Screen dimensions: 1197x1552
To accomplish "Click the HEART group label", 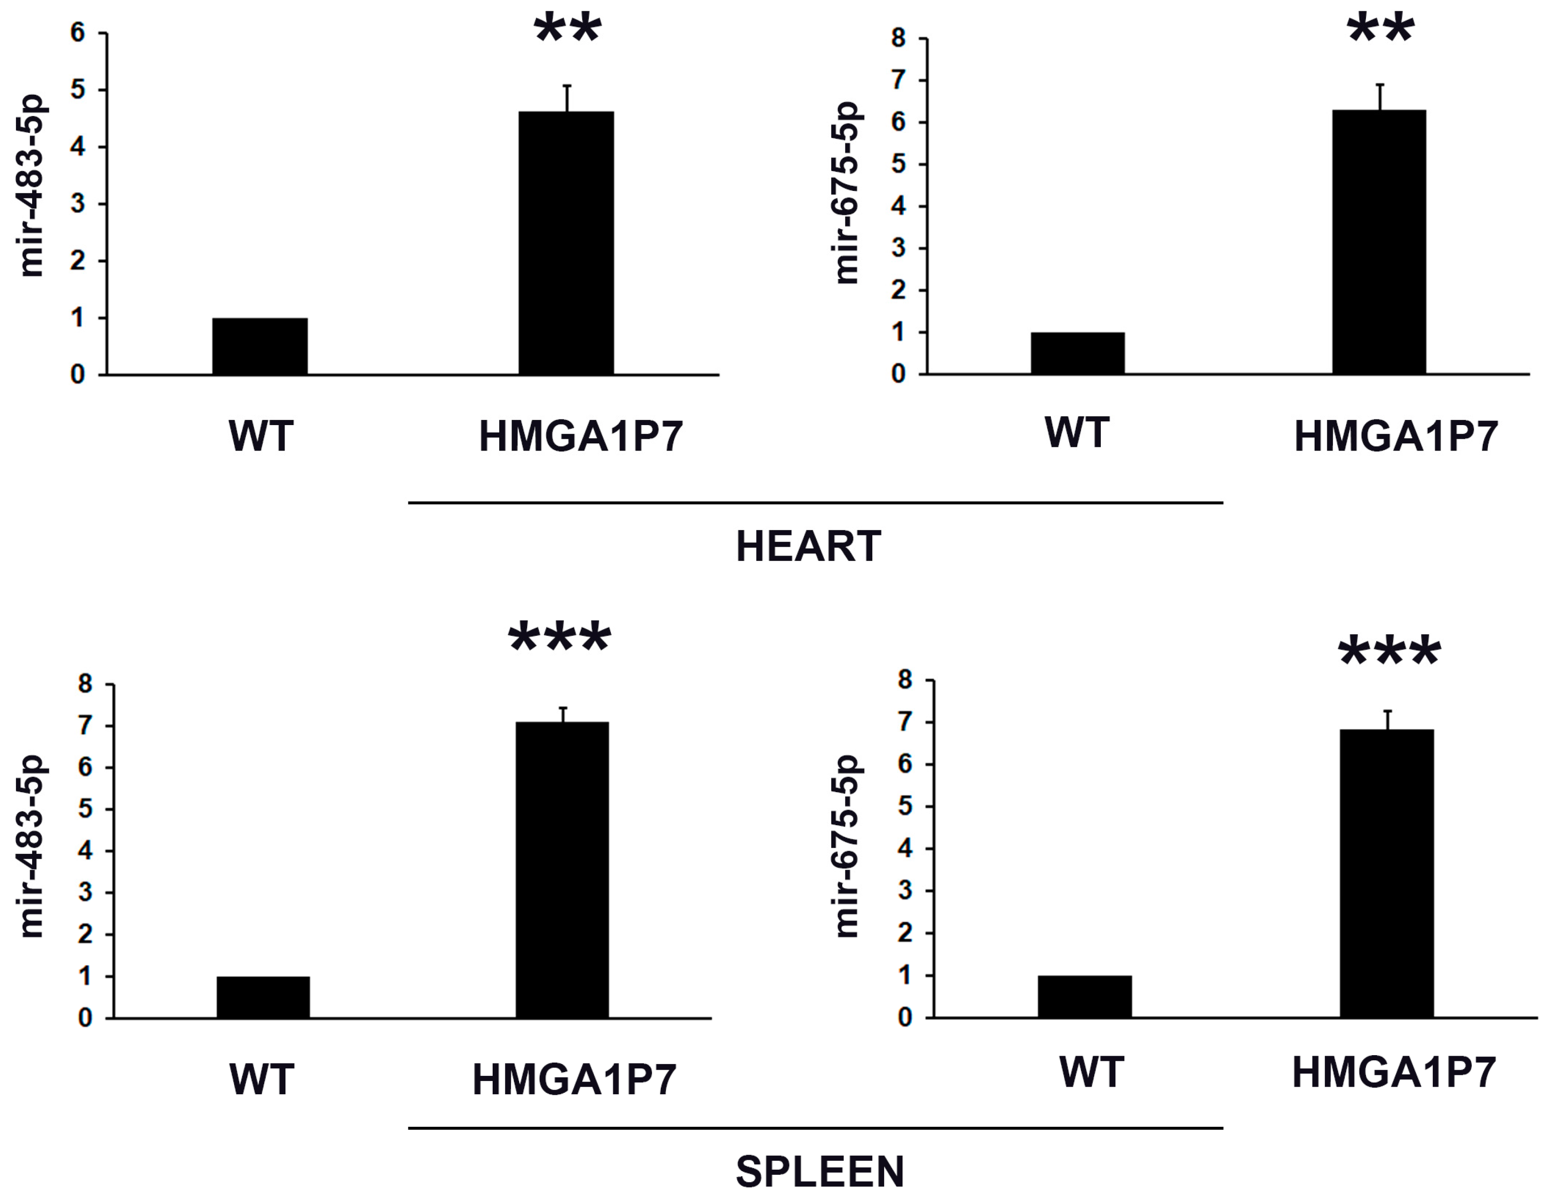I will (x=808, y=547).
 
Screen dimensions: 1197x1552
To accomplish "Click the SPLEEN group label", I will (x=820, y=1172).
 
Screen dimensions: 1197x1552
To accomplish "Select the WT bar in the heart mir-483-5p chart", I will (x=260, y=346).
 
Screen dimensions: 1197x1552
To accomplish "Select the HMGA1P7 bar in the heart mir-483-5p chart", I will (x=566, y=243).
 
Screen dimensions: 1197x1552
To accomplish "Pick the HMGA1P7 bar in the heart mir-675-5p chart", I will (x=1379, y=242).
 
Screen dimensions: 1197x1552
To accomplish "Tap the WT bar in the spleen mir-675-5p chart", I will (x=1084, y=997).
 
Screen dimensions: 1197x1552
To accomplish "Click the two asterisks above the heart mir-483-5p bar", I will (x=568, y=28).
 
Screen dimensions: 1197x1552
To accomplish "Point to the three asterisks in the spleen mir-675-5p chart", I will (x=1389, y=653).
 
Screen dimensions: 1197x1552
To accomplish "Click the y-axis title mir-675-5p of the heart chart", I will (x=847, y=193).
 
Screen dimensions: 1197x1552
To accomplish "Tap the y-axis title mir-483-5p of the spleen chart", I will (x=33, y=846).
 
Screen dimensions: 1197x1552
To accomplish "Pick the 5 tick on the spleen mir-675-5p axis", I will (x=905, y=806).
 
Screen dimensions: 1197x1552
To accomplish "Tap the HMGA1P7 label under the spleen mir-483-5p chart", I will (x=574, y=1080).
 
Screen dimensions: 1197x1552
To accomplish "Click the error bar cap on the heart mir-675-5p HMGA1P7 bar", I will (x=1380, y=85).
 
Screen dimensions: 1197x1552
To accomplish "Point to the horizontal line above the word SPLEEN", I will (x=815, y=1127).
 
